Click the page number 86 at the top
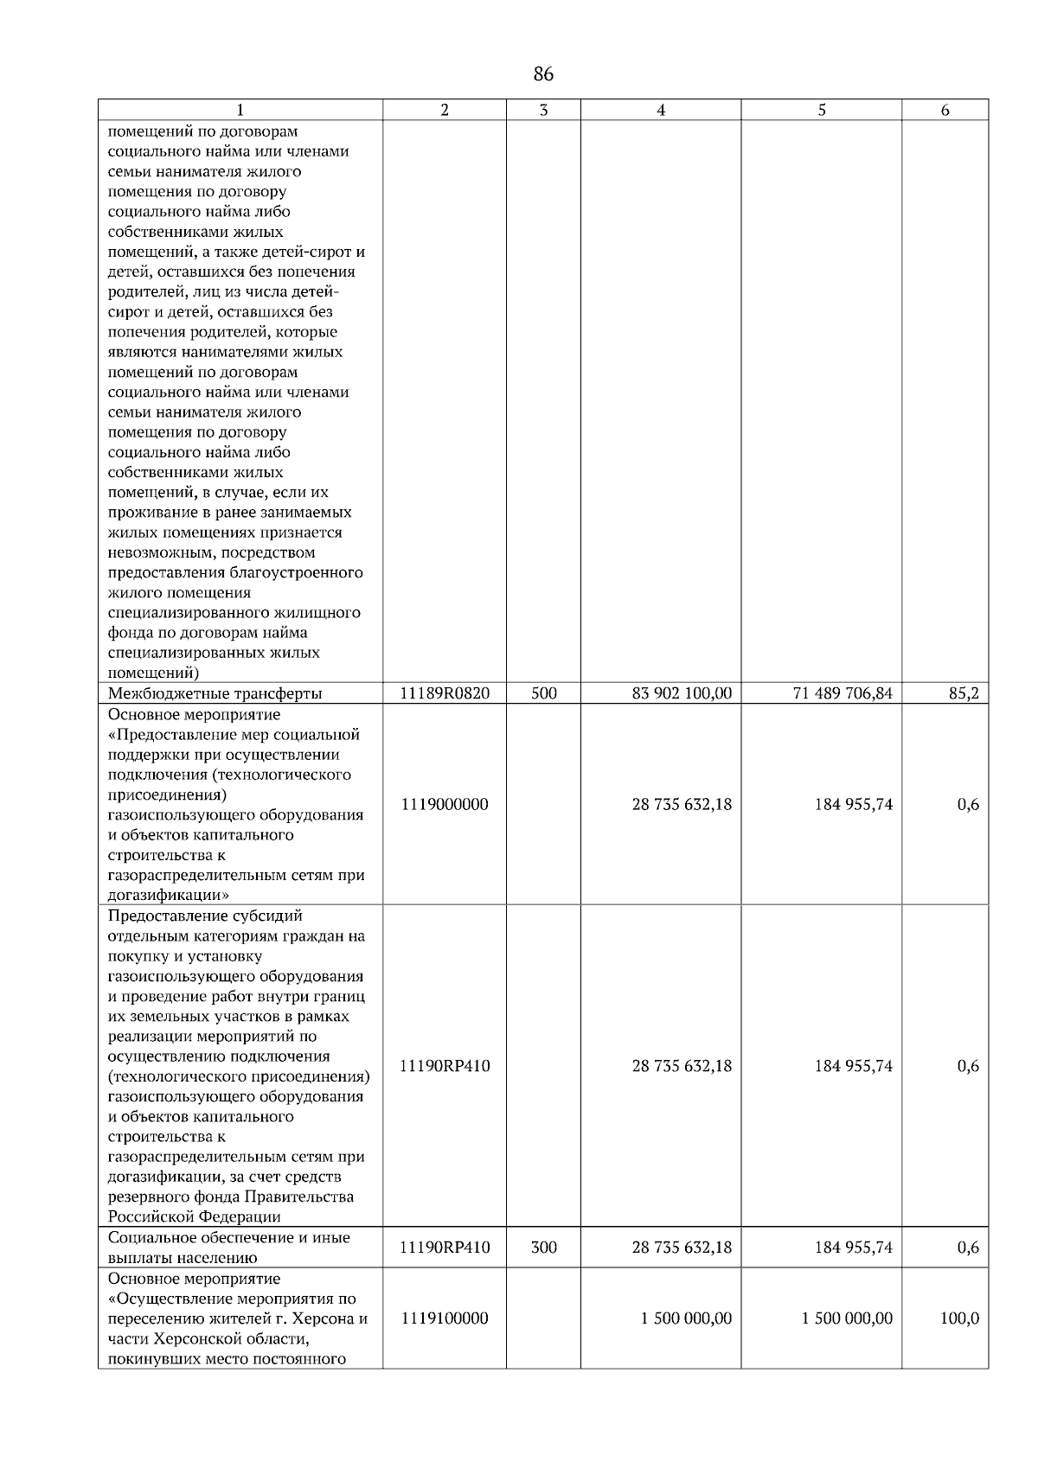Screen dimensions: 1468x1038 point(543,74)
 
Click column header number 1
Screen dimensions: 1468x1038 point(240,110)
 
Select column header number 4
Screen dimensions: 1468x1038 point(661,110)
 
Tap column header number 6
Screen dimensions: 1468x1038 point(945,110)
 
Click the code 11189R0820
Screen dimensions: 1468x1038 point(445,693)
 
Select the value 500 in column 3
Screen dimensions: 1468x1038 point(543,693)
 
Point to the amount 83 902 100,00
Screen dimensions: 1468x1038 point(682,693)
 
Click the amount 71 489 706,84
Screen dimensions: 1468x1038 point(843,693)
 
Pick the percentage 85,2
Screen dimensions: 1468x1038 point(963,693)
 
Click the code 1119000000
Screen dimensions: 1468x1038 point(445,804)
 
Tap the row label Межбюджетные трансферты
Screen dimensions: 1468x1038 point(215,693)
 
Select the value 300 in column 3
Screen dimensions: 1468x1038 point(543,1248)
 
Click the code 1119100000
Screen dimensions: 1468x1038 point(445,1318)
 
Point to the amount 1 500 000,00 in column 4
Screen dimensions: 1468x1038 point(686,1318)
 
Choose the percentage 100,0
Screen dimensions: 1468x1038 point(959,1318)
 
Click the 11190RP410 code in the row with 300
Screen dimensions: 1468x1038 point(445,1248)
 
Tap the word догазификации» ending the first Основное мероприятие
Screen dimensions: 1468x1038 point(162,895)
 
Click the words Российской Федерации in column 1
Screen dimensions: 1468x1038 point(195,1217)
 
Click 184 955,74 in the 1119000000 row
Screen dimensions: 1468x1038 point(853,804)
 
